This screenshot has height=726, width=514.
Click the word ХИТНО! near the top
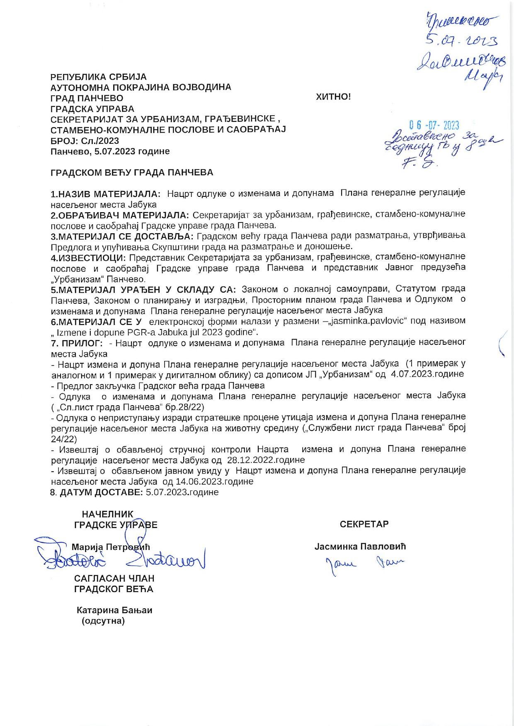(x=333, y=97)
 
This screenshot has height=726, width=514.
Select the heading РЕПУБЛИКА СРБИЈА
(x=99, y=77)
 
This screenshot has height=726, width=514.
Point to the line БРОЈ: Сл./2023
(x=85, y=140)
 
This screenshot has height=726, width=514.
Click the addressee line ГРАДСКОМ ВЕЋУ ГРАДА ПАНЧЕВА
(x=132, y=172)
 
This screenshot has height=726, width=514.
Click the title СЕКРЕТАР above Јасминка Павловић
(x=364, y=524)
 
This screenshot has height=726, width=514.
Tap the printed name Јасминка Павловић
(x=360, y=546)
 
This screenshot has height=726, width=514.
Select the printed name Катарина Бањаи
(x=114, y=610)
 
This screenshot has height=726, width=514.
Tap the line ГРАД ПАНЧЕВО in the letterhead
(x=87, y=98)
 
